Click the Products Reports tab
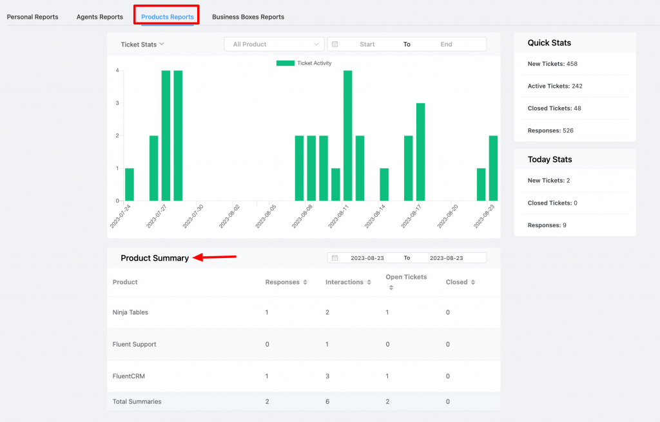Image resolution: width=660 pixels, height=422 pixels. click(x=167, y=17)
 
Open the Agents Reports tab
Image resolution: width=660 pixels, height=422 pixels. click(x=99, y=17)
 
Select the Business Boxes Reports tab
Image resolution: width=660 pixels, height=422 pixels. click(x=247, y=17)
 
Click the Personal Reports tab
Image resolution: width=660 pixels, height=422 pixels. click(x=32, y=17)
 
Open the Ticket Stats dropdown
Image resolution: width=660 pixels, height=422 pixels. click(x=142, y=45)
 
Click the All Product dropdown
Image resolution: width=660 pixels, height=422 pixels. click(x=274, y=45)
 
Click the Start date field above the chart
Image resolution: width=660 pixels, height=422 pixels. click(x=367, y=45)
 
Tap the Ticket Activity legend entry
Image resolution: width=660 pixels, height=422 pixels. click(x=304, y=63)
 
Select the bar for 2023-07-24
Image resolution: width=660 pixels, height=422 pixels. click(x=130, y=184)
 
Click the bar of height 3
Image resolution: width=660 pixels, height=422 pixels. click(x=420, y=152)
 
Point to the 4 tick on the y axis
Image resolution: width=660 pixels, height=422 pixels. click(x=117, y=70)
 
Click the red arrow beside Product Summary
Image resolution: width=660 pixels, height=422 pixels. click(x=215, y=257)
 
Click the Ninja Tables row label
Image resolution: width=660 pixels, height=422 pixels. click(x=130, y=312)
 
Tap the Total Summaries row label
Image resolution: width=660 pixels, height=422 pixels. click(x=137, y=401)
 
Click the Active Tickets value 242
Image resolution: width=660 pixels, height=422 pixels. click(x=574, y=86)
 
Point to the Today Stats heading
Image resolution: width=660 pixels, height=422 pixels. click(x=550, y=159)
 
